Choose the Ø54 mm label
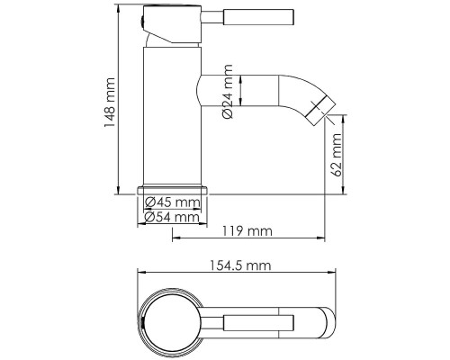coord(172,217)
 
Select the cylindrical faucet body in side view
coord(169,117)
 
